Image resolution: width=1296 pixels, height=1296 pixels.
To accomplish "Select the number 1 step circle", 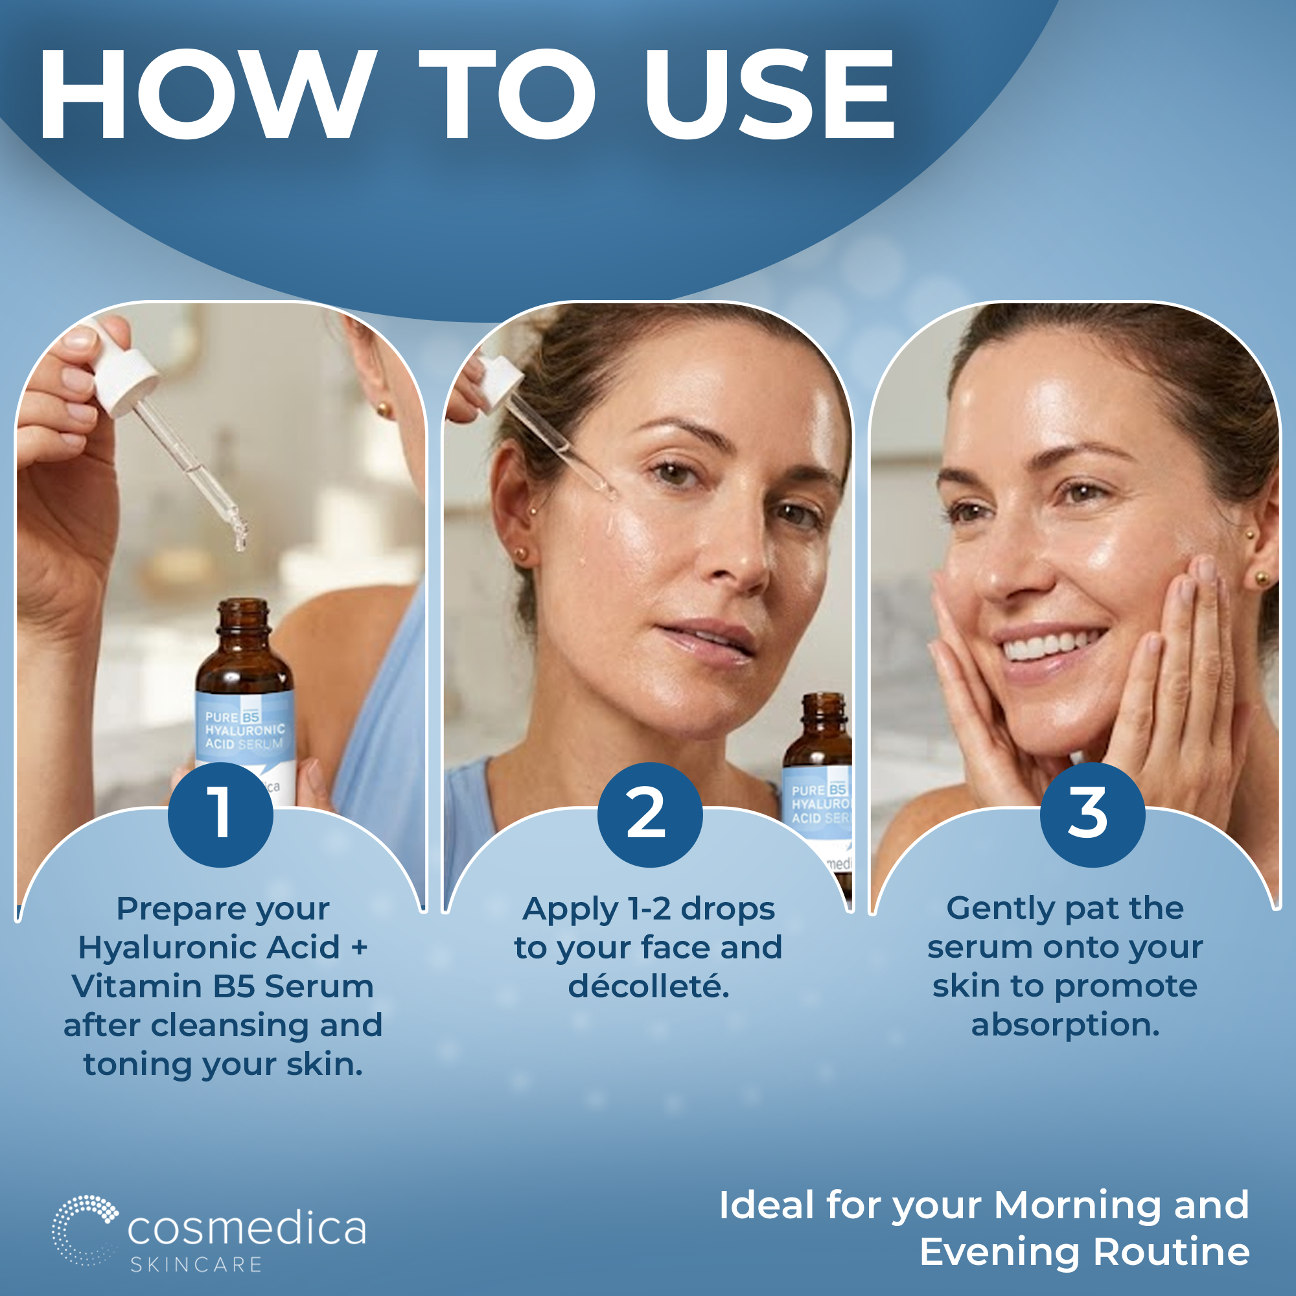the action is point(220,815).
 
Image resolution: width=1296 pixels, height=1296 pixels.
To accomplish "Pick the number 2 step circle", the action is point(649,815).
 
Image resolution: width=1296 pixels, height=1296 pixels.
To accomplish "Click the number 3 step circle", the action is point(1092,815).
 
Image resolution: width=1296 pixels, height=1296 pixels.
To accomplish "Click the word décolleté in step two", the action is point(649,986).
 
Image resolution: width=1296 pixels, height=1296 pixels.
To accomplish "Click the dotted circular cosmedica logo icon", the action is point(84,1231).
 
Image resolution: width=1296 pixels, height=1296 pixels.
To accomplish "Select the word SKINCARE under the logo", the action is point(196,1265).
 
